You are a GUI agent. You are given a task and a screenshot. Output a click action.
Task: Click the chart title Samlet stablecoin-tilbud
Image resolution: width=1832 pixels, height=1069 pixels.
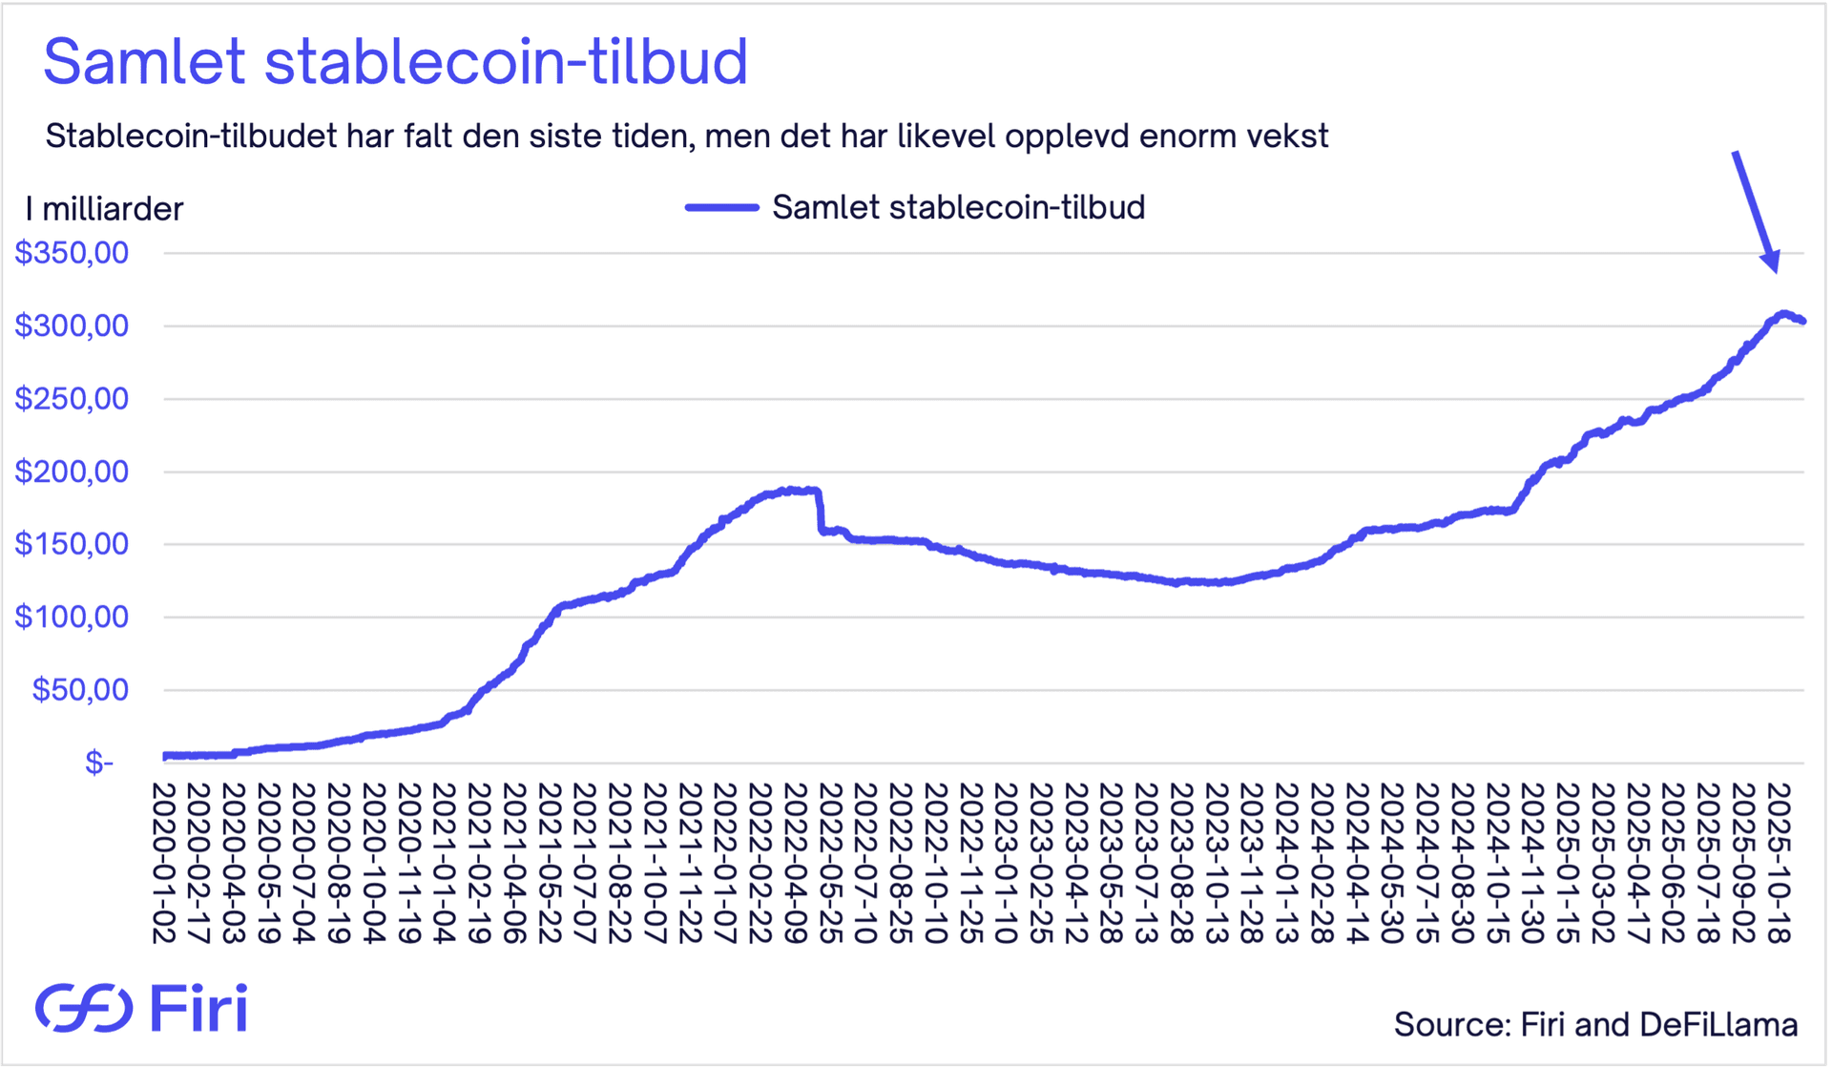coord(395,61)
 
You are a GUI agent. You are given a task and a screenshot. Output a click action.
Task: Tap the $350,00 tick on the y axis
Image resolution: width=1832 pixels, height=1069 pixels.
coord(72,253)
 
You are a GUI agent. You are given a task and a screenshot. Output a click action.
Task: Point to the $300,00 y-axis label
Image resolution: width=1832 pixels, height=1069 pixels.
coord(72,325)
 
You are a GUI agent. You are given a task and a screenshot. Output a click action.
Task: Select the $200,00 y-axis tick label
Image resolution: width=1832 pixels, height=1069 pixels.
coord(72,472)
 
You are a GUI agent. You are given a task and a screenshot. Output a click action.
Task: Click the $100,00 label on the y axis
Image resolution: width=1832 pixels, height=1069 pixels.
coord(72,617)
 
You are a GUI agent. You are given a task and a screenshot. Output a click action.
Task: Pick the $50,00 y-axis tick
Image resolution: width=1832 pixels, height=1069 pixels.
coord(80,689)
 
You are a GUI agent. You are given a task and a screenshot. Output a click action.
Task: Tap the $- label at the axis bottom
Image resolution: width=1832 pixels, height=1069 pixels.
coord(98,762)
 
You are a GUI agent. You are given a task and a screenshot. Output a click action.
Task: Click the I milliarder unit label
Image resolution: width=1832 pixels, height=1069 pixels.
coord(104,209)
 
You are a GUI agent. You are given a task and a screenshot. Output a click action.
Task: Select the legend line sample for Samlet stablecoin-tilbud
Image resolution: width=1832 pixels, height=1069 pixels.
coord(721,207)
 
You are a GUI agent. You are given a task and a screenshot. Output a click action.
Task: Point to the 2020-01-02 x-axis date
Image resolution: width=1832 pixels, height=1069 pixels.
coord(164,864)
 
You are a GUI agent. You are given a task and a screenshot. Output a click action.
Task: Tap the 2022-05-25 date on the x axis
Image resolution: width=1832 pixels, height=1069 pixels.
coord(831,864)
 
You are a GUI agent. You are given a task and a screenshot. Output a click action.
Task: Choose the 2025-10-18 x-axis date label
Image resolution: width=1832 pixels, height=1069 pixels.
coord(1779,864)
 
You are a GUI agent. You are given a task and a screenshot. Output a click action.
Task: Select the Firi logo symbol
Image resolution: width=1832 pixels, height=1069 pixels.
coord(84,1008)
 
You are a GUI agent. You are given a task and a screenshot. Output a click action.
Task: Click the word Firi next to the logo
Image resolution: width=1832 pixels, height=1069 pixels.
coord(198,1008)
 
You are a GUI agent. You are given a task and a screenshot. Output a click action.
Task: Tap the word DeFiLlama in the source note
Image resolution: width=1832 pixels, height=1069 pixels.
coord(1718,1025)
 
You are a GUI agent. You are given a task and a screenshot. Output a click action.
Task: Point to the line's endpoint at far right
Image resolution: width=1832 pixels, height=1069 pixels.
coord(1801,321)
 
